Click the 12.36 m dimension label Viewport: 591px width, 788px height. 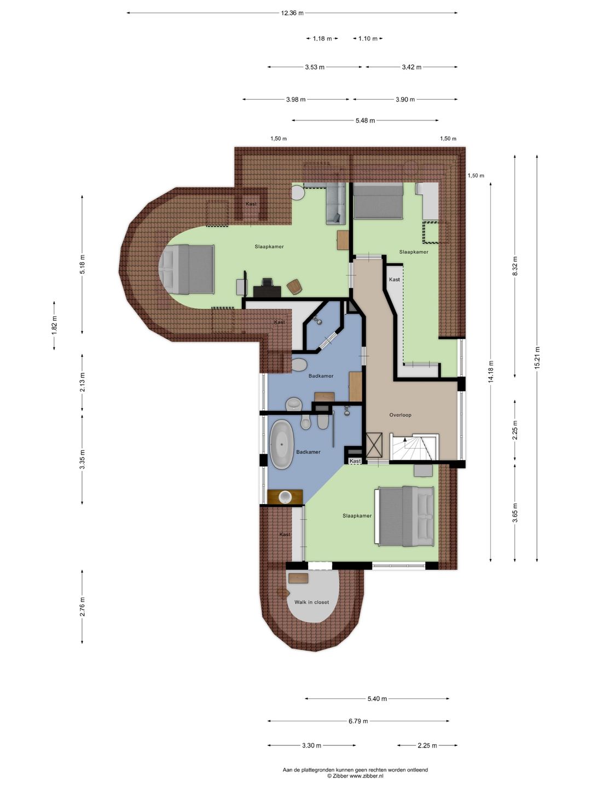tap(292, 13)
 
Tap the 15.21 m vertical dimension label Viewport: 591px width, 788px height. tap(537, 358)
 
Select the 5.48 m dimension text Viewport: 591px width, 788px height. tap(366, 120)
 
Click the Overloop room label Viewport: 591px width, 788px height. tap(401, 415)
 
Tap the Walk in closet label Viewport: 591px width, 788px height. tap(311, 602)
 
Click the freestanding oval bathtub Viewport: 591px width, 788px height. tap(282, 444)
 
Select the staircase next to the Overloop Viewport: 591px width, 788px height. tap(414, 447)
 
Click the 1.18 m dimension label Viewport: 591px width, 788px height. tap(322, 38)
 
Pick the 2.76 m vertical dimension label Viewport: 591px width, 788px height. tap(82, 607)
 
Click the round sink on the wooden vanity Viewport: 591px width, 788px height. tap(286, 496)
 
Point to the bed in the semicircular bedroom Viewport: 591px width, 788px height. tap(187, 269)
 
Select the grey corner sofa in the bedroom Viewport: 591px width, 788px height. tap(335, 203)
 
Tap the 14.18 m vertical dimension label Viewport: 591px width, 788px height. tap(491, 372)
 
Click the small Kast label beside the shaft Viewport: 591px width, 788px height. tap(355, 461)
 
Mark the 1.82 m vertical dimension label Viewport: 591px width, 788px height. tap(54, 325)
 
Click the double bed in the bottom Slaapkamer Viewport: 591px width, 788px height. tap(404, 516)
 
